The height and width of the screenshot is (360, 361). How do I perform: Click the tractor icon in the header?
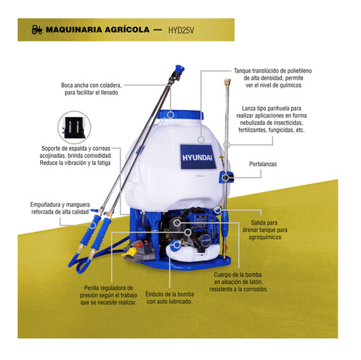37,30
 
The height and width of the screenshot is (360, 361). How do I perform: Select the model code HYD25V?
181,30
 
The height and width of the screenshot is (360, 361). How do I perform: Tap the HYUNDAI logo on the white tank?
197,157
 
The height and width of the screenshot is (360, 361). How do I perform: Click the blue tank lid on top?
180,114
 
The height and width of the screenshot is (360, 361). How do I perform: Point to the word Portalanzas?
263,164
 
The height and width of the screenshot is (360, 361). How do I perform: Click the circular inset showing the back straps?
74,128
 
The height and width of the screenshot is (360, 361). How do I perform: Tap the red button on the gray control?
140,245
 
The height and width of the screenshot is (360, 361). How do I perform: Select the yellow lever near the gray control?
130,252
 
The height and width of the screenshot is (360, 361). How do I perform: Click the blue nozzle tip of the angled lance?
179,69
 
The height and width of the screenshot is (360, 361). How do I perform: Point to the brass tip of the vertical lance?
227,82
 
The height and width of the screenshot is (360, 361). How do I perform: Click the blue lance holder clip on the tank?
226,177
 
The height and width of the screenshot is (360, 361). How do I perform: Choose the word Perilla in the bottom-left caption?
93,288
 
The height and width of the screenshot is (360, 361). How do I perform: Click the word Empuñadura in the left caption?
44,204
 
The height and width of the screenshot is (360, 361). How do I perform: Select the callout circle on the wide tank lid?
171,115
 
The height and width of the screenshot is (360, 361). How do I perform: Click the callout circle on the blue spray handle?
93,225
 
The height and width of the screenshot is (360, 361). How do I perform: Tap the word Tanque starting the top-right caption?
242,70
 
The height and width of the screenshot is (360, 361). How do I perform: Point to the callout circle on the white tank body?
201,139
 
